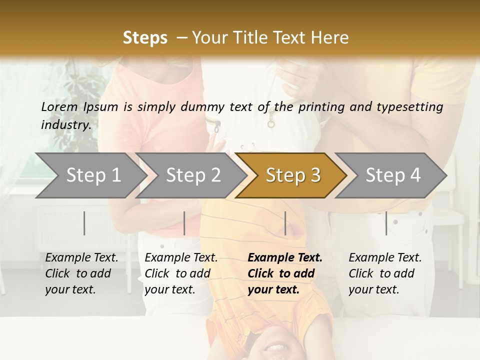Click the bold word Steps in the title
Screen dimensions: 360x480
145,38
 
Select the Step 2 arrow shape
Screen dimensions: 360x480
192,175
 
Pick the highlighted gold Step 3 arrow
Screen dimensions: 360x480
292,175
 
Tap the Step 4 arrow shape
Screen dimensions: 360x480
392,175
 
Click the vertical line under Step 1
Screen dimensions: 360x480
84,223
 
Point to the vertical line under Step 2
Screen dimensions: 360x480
184,223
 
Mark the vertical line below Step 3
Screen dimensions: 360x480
285,223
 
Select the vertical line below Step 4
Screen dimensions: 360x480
386,223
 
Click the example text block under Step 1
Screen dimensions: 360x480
81,273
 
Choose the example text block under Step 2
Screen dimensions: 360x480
181,273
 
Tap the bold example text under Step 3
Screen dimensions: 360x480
285,273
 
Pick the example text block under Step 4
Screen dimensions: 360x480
385,273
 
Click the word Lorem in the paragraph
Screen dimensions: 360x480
59,107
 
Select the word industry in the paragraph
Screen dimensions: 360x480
66,125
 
